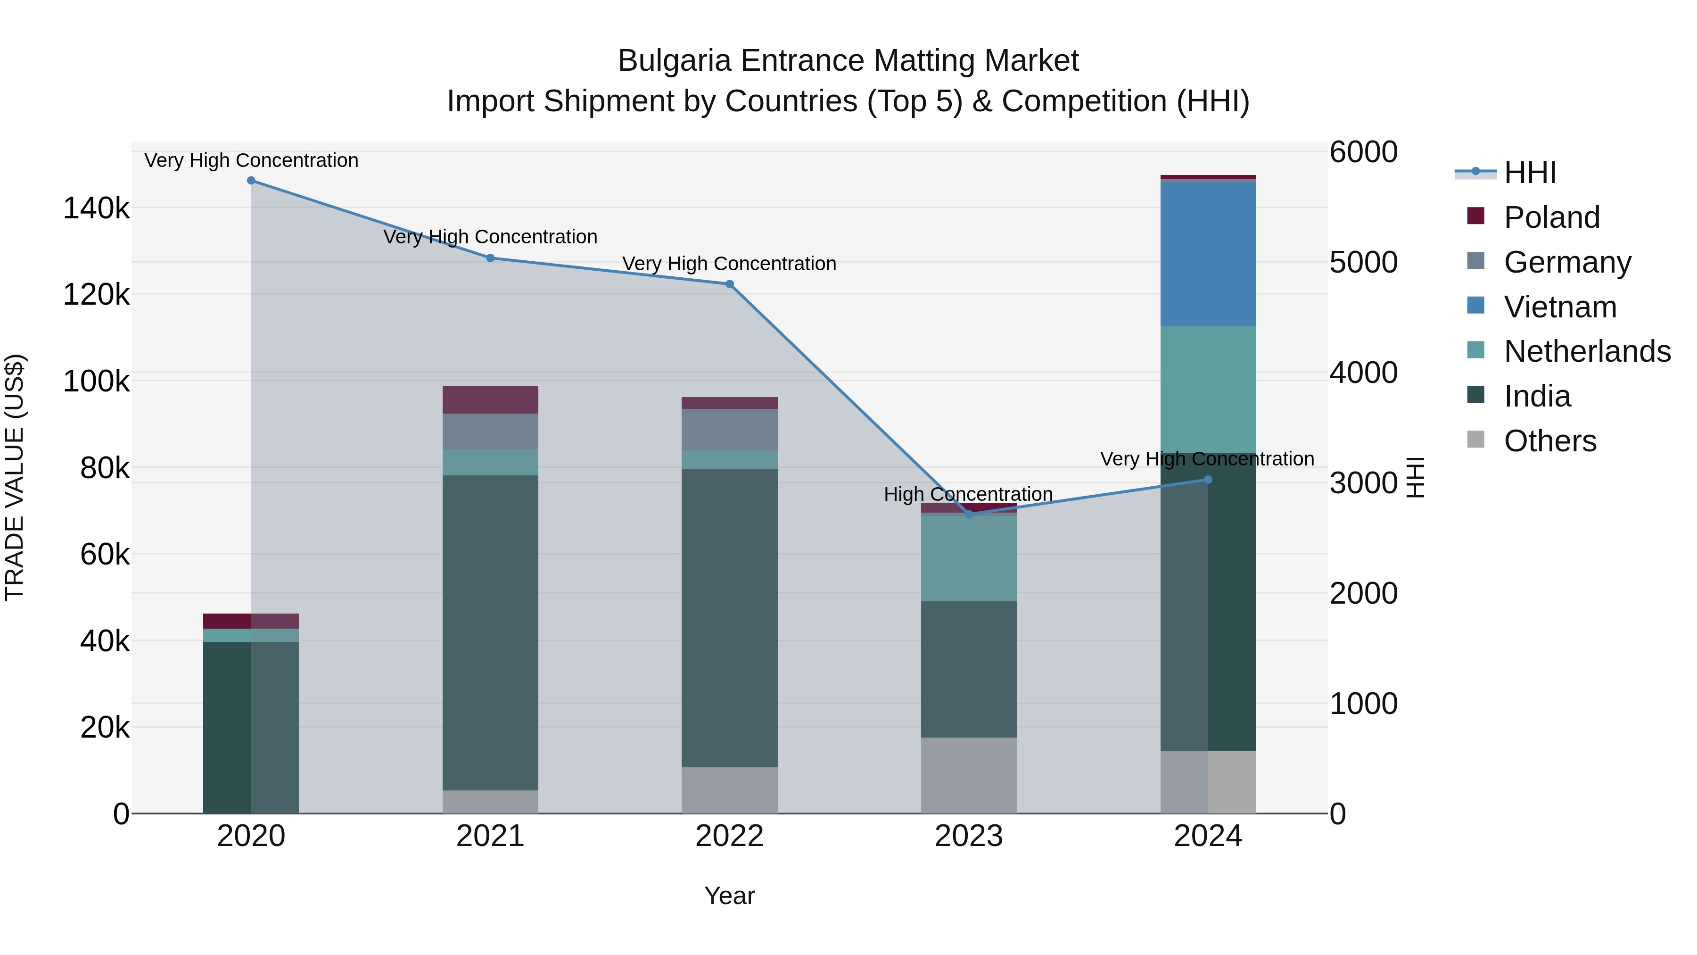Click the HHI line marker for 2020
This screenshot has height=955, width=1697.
pyautogui.click(x=251, y=181)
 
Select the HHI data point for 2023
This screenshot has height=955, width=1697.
pyautogui.click(x=968, y=514)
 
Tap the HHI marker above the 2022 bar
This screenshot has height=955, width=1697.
pyautogui.click(x=729, y=284)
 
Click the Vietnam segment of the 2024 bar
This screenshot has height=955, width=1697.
pyautogui.click(x=1208, y=254)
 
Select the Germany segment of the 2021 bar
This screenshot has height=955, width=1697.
pyautogui.click(x=490, y=432)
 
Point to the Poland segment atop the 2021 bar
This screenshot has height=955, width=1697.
pyautogui.click(x=490, y=399)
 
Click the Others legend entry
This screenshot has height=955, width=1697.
pyautogui.click(x=1549, y=441)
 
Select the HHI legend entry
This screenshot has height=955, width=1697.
pyautogui.click(x=1529, y=173)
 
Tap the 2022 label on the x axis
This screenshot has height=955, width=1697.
pyautogui.click(x=729, y=836)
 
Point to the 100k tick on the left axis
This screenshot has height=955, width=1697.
pyautogui.click(x=96, y=382)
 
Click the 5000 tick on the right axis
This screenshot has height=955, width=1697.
pyautogui.click(x=1362, y=262)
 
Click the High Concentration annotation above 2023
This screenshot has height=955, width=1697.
pyautogui.click(x=968, y=494)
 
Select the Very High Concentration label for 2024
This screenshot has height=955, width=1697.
pyautogui.click(x=1206, y=459)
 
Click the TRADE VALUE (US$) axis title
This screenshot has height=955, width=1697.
pyautogui.click(x=15, y=477)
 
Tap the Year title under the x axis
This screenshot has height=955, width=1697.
pyautogui.click(x=729, y=896)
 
